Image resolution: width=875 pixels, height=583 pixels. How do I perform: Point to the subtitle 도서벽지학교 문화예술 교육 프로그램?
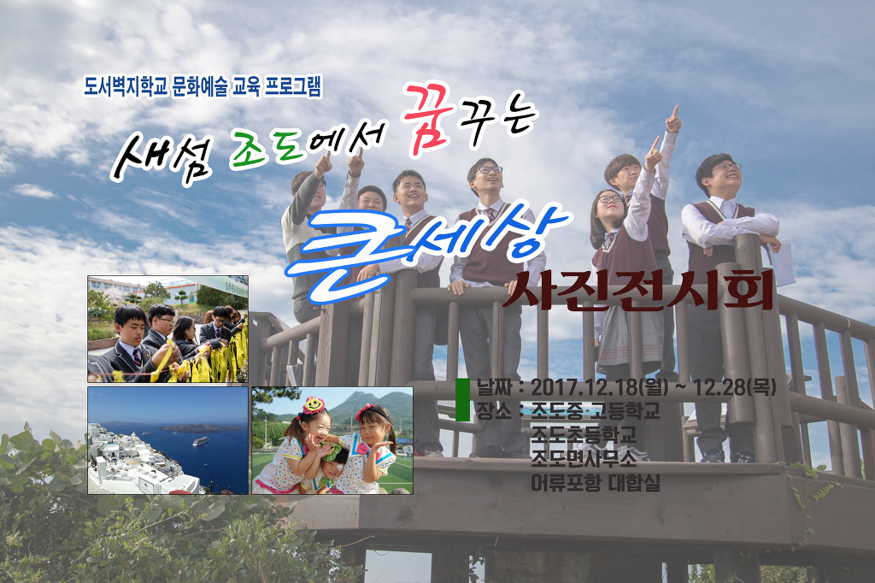[x=203, y=86]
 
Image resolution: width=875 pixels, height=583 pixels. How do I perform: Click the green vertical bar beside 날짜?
[x=462, y=400]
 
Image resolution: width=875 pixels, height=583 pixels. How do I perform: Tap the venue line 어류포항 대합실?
[x=596, y=482]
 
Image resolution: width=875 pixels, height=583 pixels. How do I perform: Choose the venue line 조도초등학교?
[x=583, y=434]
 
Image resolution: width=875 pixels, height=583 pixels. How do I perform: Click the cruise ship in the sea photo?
[x=201, y=440]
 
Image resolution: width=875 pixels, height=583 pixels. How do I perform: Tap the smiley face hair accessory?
[x=314, y=403]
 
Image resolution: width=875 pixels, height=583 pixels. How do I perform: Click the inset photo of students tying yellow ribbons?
[x=168, y=329]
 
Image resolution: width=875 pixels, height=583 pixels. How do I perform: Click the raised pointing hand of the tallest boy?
[x=673, y=119]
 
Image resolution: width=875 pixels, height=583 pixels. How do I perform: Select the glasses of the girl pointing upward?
[x=611, y=199]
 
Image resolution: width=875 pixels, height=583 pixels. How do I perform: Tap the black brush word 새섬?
[x=161, y=159]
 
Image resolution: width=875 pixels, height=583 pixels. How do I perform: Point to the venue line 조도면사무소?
[x=583, y=458]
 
